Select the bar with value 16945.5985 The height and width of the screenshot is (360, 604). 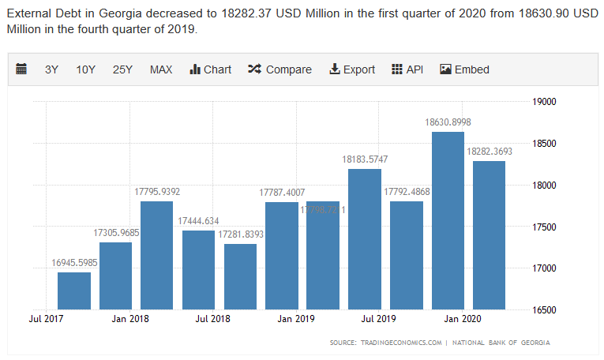coord(74,290)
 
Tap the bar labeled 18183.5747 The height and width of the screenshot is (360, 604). coord(365,238)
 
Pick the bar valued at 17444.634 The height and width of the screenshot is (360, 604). coord(198,269)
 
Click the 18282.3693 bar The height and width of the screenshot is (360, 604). coord(489,234)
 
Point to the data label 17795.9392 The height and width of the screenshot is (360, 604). coord(157,191)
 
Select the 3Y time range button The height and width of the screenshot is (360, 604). coord(52,69)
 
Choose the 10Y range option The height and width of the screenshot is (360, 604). coord(86,69)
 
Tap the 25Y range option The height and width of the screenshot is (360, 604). coord(122,69)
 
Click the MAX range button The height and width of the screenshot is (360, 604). coord(161,69)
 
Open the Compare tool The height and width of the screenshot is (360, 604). coord(279,69)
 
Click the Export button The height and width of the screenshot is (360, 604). coord(352,69)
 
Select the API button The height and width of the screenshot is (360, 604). coord(407,69)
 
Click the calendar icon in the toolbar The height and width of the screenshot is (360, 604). coord(21,69)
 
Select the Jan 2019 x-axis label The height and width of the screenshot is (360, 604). coord(296,319)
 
